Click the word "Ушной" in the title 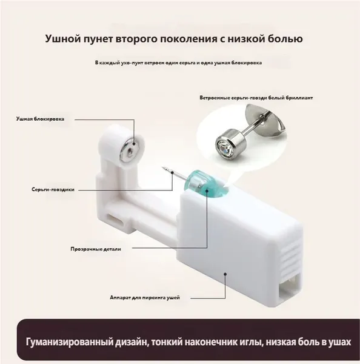pyautogui.click(x=59, y=38)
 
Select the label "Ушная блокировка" pyautogui.click(x=40, y=119)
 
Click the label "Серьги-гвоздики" pyautogui.click(x=53, y=190)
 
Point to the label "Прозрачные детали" pyautogui.click(x=96, y=249)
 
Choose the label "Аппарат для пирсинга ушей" pyautogui.click(x=145, y=298)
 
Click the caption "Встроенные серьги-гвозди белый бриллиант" pyautogui.click(x=256, y=98)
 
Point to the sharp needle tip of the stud pyautogui.click(x=162, y=167)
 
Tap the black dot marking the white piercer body pyautogui.click(x=225, y=274)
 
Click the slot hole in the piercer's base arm pyautogui.click(x=115, y=220)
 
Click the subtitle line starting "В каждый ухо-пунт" pyautogui.click(x=178, y=63)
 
